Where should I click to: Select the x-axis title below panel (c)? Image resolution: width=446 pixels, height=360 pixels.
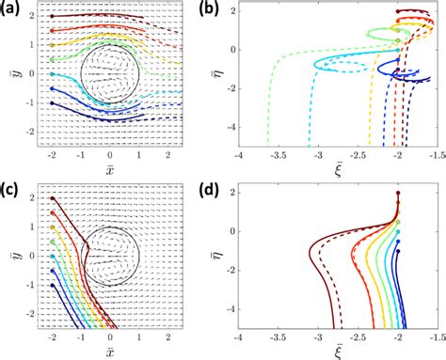111,353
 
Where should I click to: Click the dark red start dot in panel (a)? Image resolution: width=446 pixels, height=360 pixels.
52,16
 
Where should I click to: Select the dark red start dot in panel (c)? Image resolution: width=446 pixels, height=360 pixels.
52,198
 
